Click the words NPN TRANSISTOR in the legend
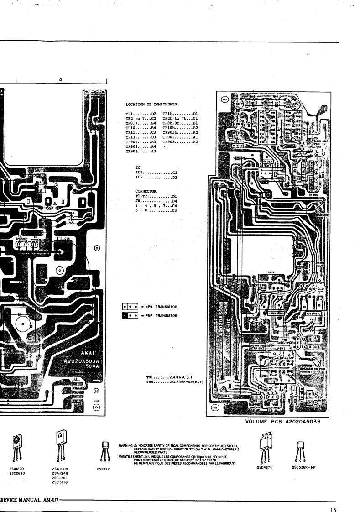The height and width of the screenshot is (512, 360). pos(161,307)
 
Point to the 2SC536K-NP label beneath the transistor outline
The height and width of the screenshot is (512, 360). pos(301,468)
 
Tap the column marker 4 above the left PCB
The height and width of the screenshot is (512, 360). pos(61,80)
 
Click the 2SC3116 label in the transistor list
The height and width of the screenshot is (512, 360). pos(60,482)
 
